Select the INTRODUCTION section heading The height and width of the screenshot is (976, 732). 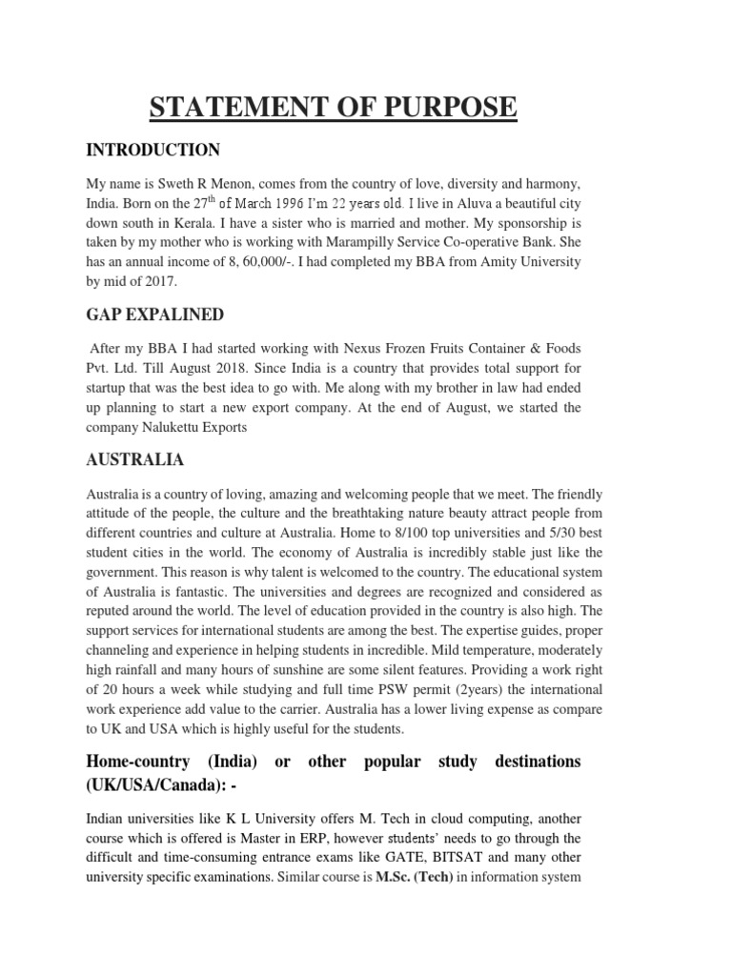153,150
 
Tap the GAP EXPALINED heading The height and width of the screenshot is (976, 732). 156,315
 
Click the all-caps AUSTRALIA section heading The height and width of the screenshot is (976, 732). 135,459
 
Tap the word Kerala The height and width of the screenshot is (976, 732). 192,223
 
